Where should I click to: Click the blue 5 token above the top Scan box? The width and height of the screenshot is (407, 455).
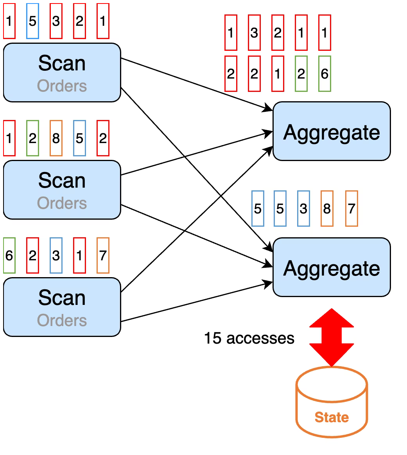pos(32,21)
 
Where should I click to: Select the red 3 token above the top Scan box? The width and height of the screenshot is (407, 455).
pos(56,21)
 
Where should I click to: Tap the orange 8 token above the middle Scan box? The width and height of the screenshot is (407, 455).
pos(56,138)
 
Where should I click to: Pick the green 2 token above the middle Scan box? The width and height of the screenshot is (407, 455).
pos(32,138)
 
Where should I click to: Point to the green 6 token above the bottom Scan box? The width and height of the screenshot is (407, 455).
pos(9,255)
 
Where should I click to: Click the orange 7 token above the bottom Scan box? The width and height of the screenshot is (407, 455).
pos(103,255)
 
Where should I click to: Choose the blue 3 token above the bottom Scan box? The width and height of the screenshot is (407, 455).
pos(56,255)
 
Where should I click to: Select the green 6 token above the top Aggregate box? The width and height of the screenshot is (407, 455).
pos(325,74)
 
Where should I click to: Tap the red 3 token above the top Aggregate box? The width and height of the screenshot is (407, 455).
pos(254,32)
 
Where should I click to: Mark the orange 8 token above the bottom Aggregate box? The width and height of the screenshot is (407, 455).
pos(327,208)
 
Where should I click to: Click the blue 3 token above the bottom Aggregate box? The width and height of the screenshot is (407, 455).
pos(303,208)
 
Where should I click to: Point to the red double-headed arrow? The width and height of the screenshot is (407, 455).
pos(332,337)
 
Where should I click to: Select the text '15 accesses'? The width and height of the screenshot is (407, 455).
pos(249,338)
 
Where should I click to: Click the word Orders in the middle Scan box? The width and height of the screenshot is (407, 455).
pos(62,203)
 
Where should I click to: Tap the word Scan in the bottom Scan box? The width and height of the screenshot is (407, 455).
pos(62,298)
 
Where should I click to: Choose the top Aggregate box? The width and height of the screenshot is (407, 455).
pos(332,131)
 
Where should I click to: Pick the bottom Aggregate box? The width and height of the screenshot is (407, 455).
pos(332,267)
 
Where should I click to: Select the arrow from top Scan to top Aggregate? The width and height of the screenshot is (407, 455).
pos(197,84)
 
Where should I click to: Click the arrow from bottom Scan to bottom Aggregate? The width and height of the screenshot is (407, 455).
pos(197,301)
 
